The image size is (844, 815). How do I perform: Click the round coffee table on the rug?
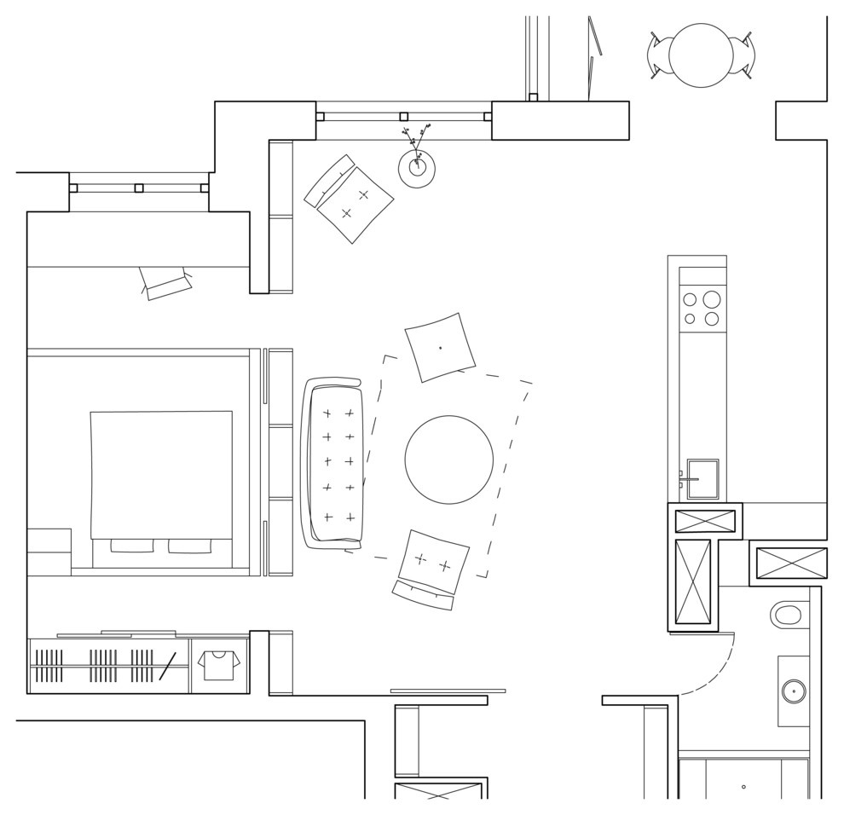[448, 460]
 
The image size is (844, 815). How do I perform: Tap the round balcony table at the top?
[701, 55]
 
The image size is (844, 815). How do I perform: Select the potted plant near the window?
[417, 167]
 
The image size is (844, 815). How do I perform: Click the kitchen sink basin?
[703, 479]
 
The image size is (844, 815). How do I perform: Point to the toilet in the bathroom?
[787, 614]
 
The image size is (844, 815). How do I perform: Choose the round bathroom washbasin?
[794, 691]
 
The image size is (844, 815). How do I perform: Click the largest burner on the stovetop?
[712, 299]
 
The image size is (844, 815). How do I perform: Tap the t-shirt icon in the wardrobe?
[219, 664]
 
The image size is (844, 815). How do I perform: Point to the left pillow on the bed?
[132, 546]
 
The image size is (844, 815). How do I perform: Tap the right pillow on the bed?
[189, 546]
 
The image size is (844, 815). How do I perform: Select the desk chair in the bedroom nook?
[167, 285]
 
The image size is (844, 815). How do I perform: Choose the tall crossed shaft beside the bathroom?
[692, 581]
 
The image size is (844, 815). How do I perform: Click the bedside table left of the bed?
[49, 552]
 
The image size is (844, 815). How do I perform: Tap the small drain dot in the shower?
[743, 787]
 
